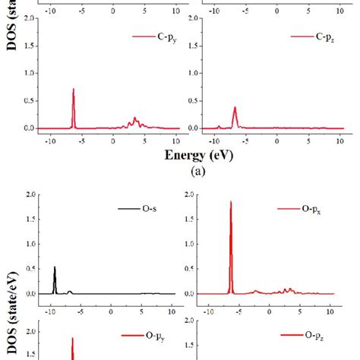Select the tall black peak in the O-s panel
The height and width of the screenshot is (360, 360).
55,267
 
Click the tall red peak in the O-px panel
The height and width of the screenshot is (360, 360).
230,203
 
